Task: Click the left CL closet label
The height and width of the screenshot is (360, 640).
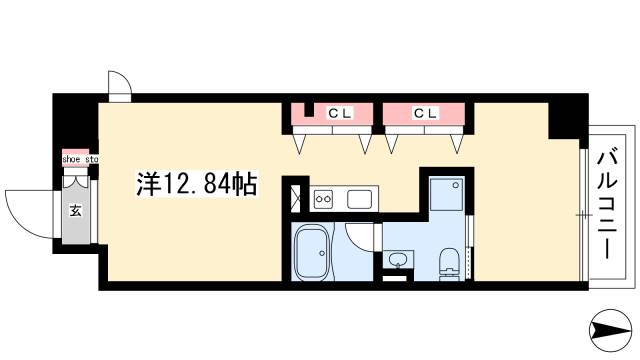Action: [x=341, y=113]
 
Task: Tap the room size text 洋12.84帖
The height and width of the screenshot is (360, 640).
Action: [x=197, y=184]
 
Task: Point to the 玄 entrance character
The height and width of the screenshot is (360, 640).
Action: [x=75, y=211]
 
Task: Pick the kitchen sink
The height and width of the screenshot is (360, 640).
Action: [x=360, y=199]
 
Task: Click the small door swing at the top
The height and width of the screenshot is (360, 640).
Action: [x=119, y=84]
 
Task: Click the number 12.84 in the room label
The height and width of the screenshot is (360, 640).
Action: [x=199, y=184]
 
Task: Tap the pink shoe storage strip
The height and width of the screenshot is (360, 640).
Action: [x=78, y=166]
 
